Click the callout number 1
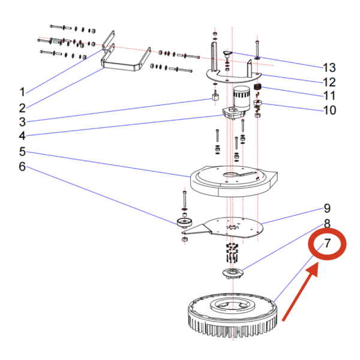(x=22, y=92)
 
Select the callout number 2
(x=22, y=109)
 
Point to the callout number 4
(x=22, y=136)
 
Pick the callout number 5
(x=22, y=151)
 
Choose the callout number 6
(x=22, y=166)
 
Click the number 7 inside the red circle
(x=327, y=245)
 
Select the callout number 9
(x=327, y=209)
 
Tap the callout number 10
(x=330, y=110)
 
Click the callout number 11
(x=330, y=96)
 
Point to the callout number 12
(x=330, y=82)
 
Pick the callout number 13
(x=330, y=67)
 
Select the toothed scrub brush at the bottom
(x=231, y=318)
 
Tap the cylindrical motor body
(x=241, y=99)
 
